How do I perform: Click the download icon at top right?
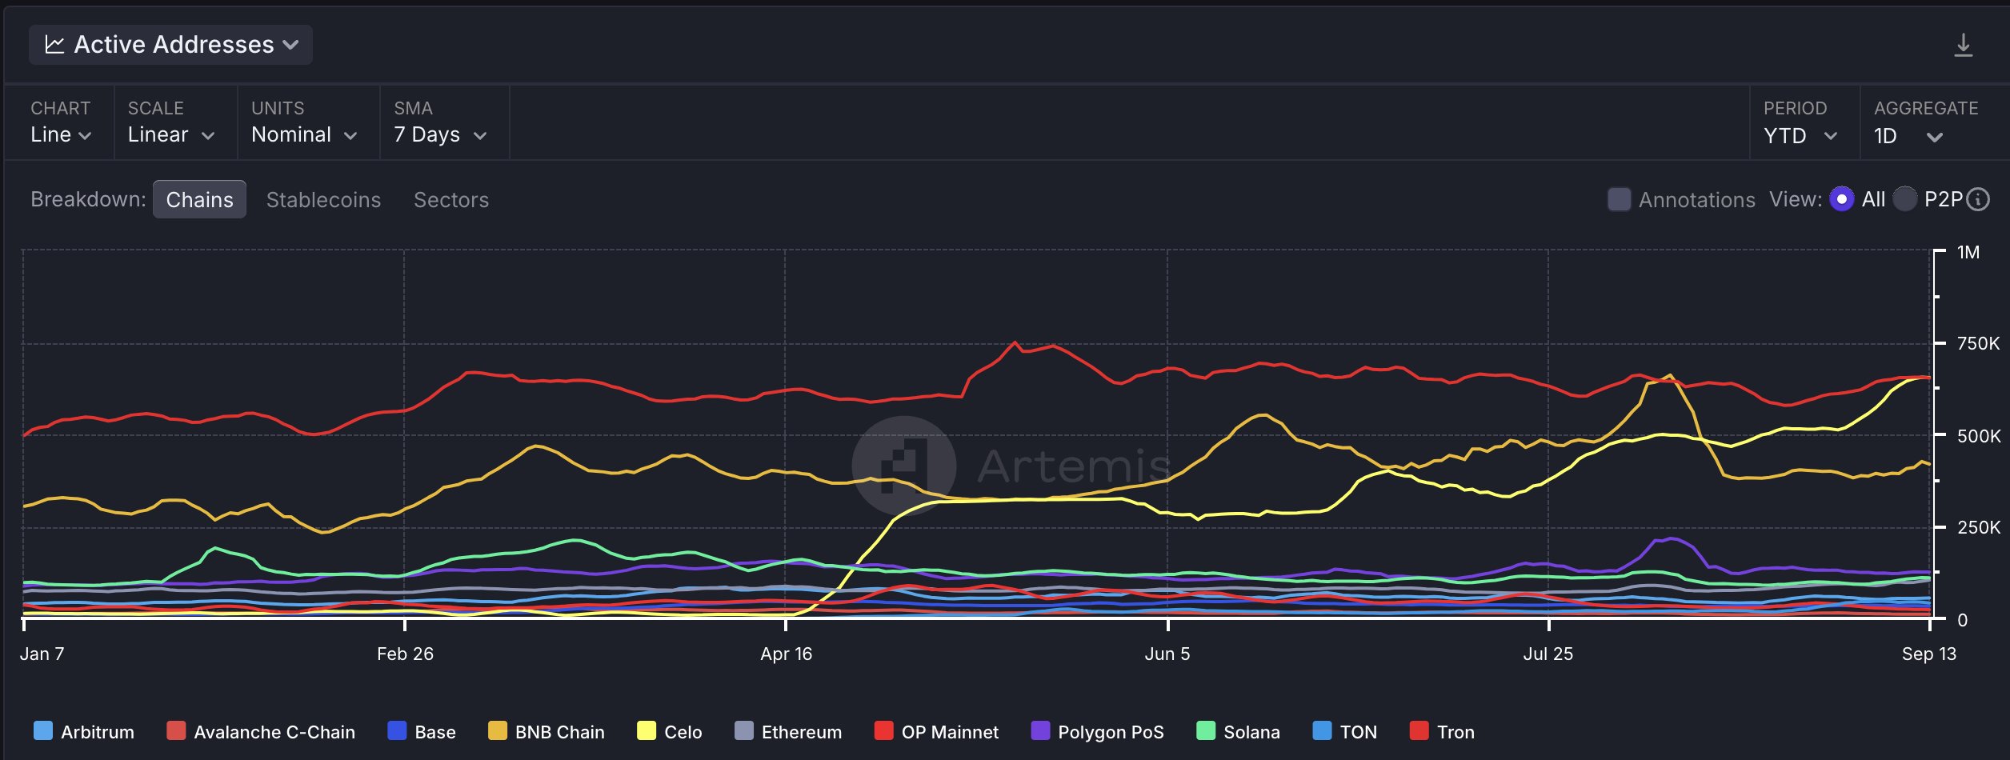1963,46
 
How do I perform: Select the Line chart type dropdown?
61,134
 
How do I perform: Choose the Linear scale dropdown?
170,134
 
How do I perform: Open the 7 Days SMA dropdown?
439,134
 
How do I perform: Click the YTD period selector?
1800,135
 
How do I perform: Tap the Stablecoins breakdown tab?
323,200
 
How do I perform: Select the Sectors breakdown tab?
450,200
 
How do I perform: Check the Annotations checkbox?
1619,199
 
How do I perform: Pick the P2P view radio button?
1905,199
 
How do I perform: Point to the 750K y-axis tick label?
1977,344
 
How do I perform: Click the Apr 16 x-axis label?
786,654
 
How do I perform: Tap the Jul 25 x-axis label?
1548,654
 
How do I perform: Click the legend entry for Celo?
670,732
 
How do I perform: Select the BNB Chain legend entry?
547,732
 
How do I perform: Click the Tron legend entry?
1442,732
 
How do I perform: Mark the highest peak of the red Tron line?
1015,342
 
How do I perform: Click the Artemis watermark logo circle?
904,466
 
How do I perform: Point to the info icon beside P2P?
1978,199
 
